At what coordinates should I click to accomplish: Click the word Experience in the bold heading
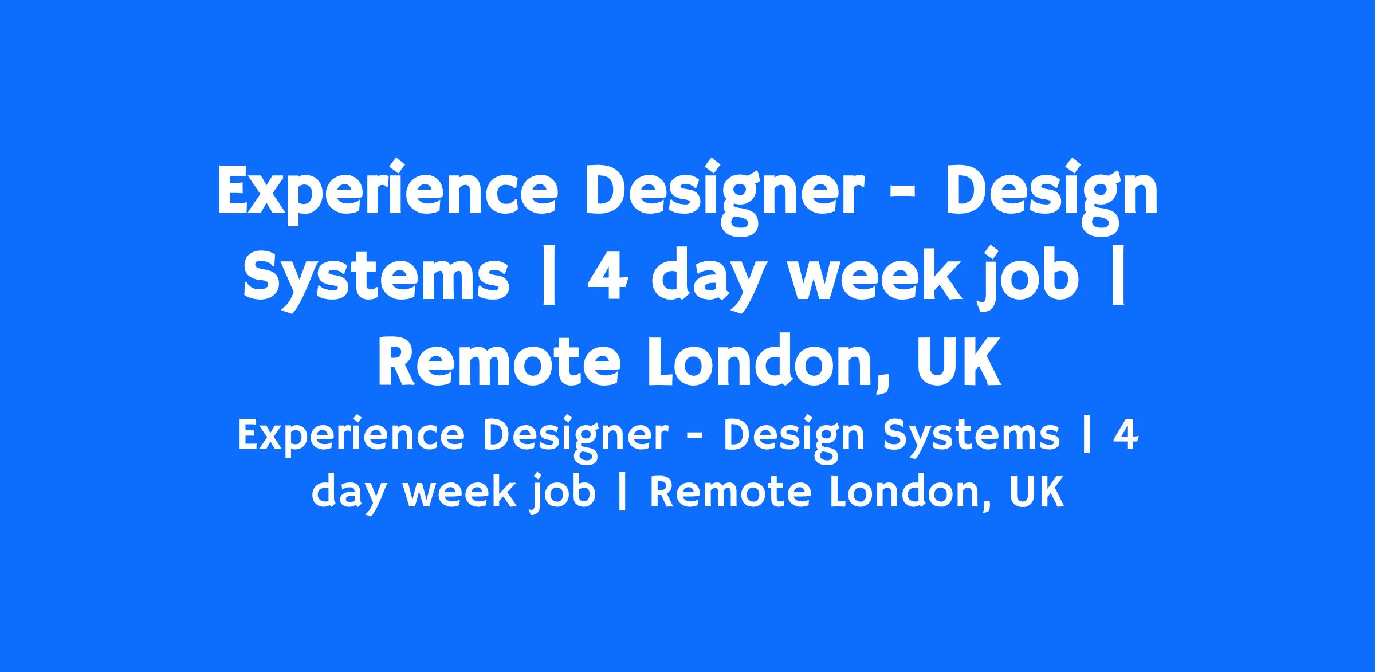387,193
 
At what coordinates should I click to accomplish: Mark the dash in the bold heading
903,199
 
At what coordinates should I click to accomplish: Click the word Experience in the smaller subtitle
350,437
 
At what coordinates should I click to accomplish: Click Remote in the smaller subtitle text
729,492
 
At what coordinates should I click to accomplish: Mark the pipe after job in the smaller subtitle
623,492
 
